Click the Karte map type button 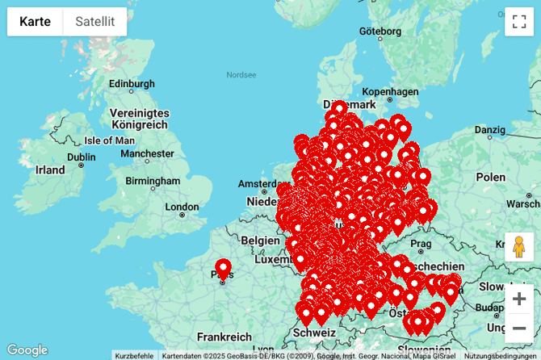point(36,22)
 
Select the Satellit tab point(94,22)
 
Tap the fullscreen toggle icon point(519,22)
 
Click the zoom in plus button point(519,299)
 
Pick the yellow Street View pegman point(519,246)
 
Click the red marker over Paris point(223,269)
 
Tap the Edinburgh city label point(131,84)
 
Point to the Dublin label point(81,157)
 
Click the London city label point(182,207)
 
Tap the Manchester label point(147,153)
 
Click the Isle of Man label point(109,140)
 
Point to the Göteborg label point(380,31)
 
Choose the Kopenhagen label point(391,92)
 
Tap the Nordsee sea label point(241,75)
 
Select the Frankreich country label point(224,337)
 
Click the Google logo point(27,350)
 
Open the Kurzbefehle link point(134,355)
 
